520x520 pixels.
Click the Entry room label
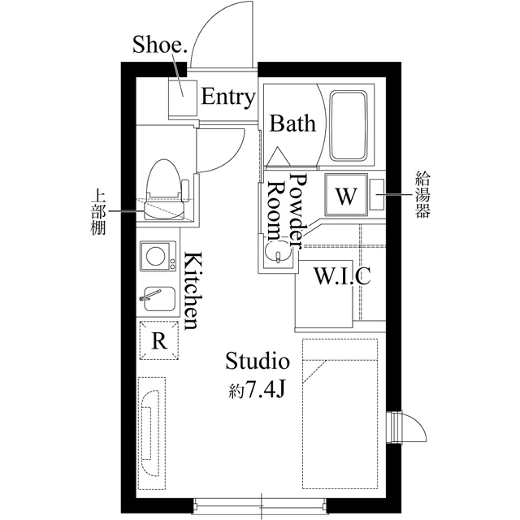click(x=228, y=97)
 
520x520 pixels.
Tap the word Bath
click(x=292, y=123)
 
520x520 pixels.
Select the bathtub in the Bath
click(x=349, y=126)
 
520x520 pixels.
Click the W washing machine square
click(x=346, y=195)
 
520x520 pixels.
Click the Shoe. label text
click(x=160, y=45)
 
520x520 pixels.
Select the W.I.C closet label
click(x=342, y=276)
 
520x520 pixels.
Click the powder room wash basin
click(x=278, y=253)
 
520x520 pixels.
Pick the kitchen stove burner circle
click(x=155, y=256)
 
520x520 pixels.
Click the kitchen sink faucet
click(x=150, y=295)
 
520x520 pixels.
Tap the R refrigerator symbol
click(x=159, y=340)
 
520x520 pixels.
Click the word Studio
click(x=258, y=362)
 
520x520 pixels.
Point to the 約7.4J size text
click(x=257, y=390)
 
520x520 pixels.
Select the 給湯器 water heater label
click(x=422, y=194)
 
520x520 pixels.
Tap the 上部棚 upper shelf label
click(x=98, y=212)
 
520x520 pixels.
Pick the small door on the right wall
click(x=406, y=427)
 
